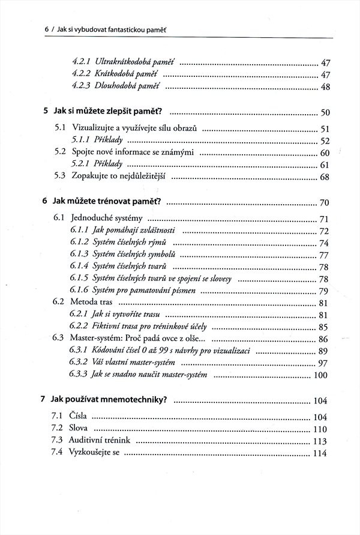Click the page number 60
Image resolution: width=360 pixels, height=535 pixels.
coord(326,153)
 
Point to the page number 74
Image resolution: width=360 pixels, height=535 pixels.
coord(324,243)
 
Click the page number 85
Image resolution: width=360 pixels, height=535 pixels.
coord(324,328)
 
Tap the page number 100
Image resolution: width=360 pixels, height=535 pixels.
coord(321,376)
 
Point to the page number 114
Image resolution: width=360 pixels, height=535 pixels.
coord(319,454)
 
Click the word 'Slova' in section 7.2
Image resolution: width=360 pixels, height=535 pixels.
coord(79,428)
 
